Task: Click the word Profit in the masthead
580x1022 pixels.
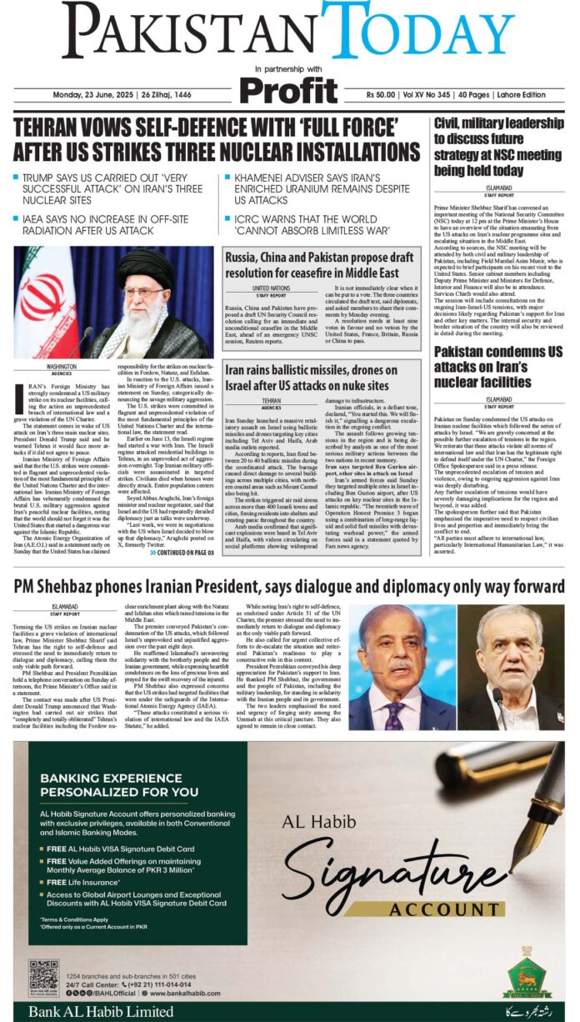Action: pos(289,88)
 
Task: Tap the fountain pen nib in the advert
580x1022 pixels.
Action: pos(526,843)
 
